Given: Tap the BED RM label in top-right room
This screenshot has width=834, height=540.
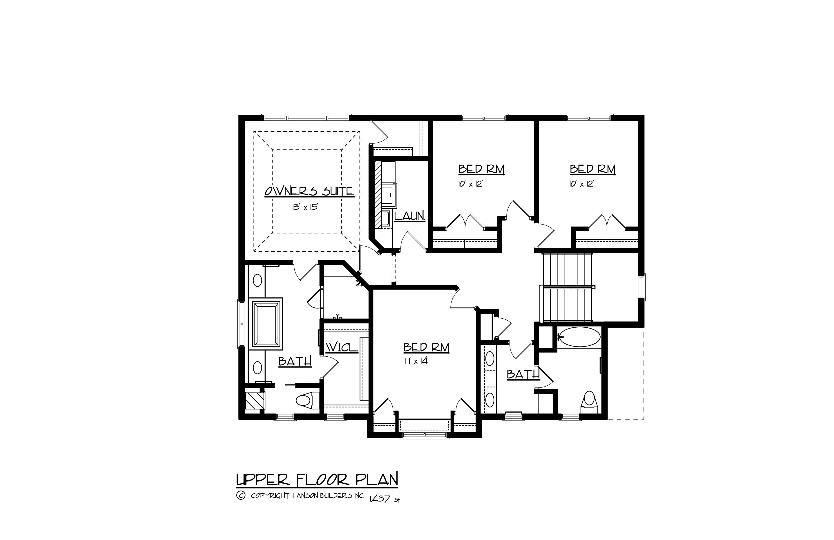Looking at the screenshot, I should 592,169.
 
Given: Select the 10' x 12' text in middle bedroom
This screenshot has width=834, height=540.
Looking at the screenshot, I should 470,184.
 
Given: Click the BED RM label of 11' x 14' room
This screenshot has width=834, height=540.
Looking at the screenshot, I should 426,347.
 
